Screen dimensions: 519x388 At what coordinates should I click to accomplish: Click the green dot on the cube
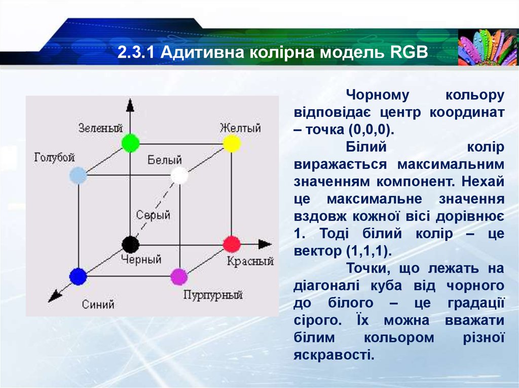[x=130, y=143]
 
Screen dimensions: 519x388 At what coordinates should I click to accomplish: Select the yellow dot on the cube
[x=231, y=144]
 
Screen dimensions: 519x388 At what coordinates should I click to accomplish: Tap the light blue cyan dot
[x=79, y=175]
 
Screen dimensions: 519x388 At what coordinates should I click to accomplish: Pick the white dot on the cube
[x=179, y=175]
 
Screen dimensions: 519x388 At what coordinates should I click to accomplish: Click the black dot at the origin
[x=130, y=244]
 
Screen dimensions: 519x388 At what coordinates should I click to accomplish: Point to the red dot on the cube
[x=231, y=244]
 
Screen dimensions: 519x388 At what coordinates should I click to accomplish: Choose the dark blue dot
[x=79, y=276]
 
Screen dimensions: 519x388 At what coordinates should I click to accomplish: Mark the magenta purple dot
[x=179, y=277]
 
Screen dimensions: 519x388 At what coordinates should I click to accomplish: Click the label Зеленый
[x=101, y=128]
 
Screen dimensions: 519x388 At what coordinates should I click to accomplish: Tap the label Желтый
[x=240, y=127]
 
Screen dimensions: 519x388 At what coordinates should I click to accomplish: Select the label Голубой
[x=54, y=158]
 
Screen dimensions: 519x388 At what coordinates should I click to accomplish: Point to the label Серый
[x=153, y=215]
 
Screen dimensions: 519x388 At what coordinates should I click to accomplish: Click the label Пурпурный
[x=213, y=295]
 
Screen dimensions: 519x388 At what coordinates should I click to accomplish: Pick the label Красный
[x=250, y=262]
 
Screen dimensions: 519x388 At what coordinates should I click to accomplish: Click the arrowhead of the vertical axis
[x=130, y=105]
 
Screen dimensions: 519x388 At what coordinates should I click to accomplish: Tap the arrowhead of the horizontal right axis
[x=265, y=244]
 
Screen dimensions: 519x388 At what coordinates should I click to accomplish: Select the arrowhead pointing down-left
[x=55, y=296]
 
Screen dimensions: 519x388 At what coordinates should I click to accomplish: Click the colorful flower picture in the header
[x=488, y=47]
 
